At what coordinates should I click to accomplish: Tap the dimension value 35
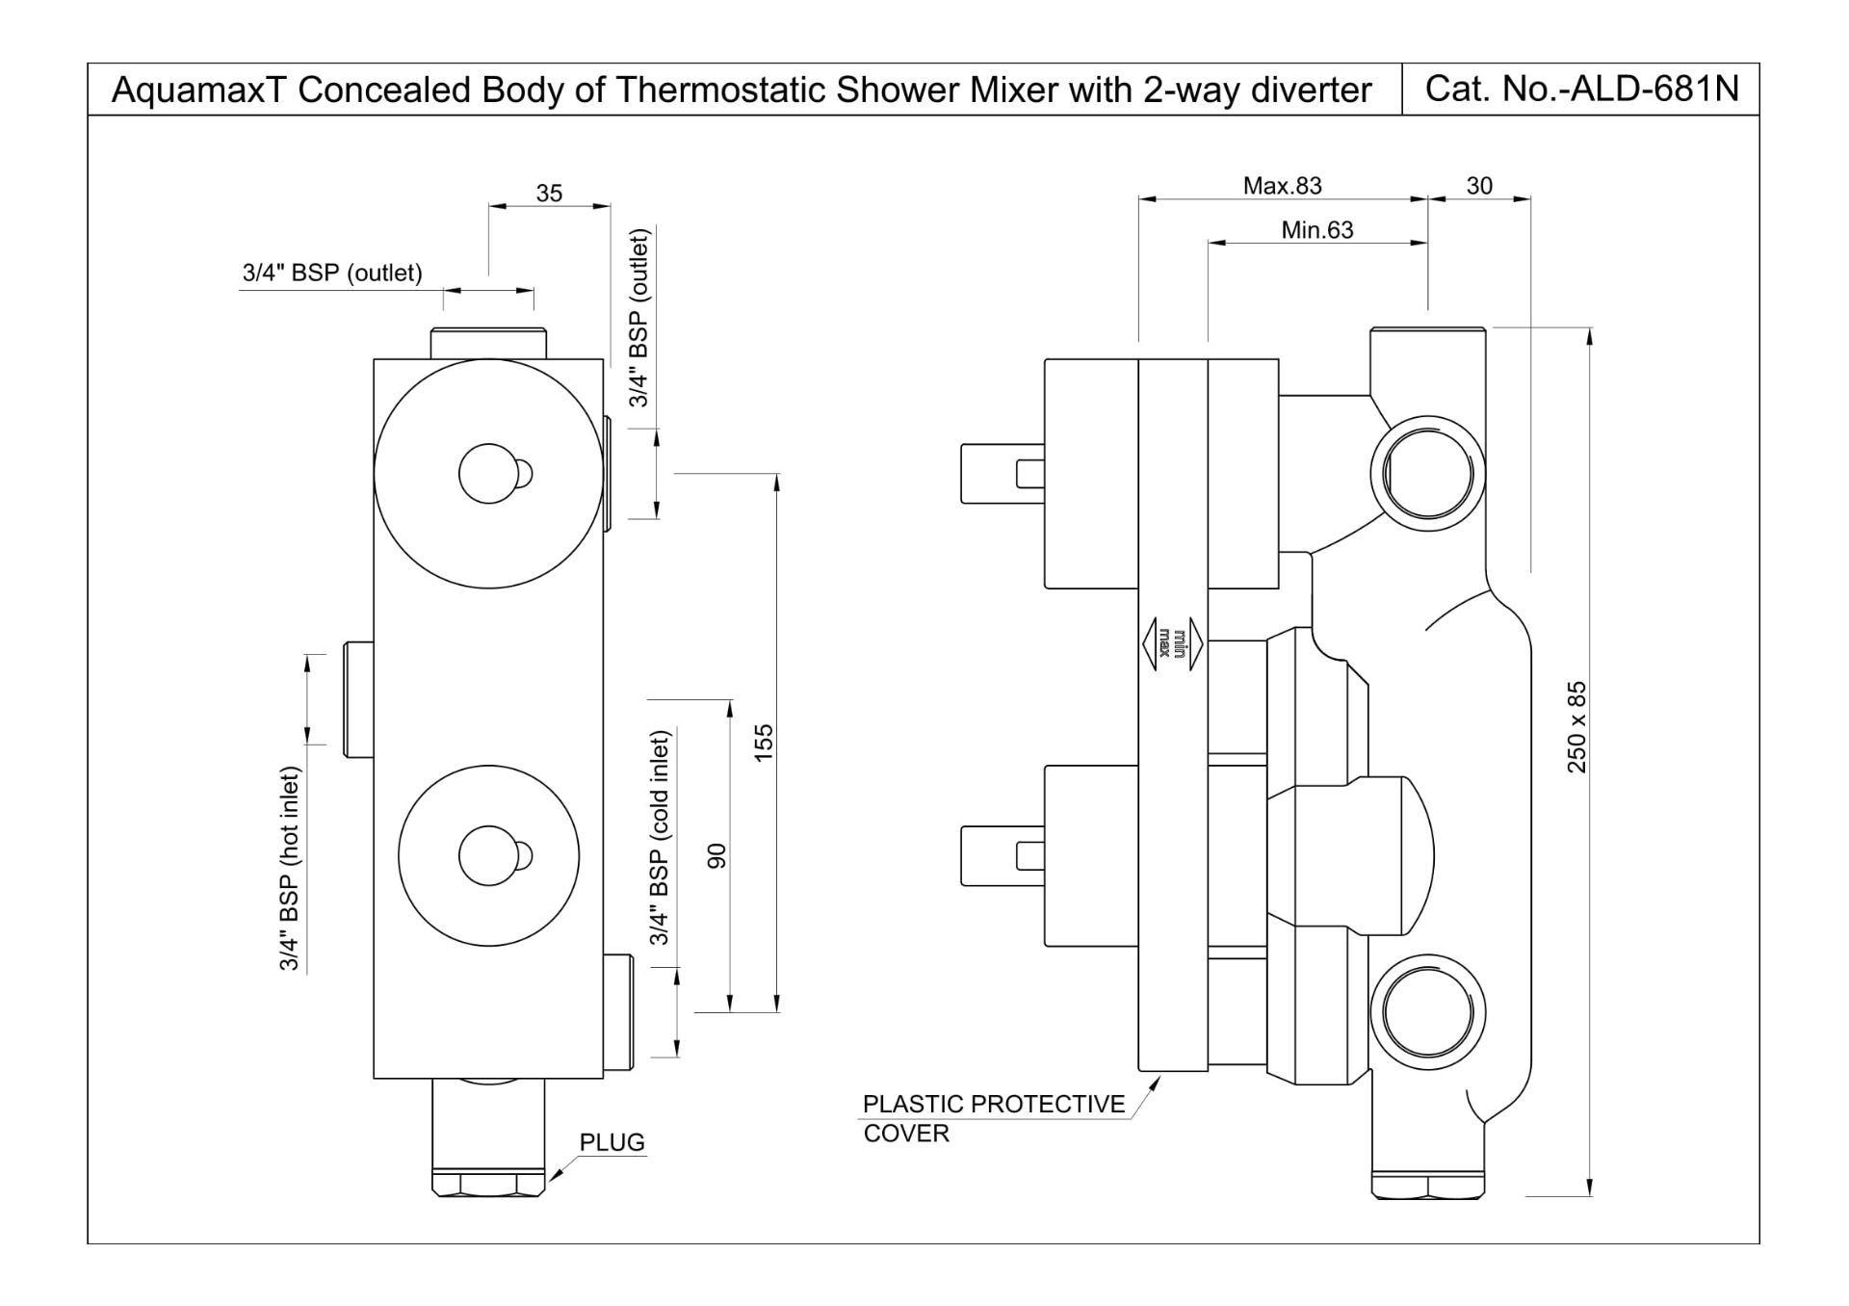tap(549, 194)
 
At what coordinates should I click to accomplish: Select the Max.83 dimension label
tap(1282, 186)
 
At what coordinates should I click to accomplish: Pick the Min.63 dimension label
tap(1316, 230)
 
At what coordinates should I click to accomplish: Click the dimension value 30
tap(1479, 186)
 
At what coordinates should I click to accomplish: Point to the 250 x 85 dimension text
tap(1576, 727)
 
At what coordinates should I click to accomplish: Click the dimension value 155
tap(764, 743)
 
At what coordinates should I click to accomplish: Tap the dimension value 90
tap(717, 855)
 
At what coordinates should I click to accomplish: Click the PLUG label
tap(612, 1142)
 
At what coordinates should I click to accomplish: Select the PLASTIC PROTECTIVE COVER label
tap(993, 1118)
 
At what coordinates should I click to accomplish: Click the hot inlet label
tap(290, 868)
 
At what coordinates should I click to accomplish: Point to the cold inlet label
tap(660, 838)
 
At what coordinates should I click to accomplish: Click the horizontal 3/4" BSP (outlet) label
tap(331, 274)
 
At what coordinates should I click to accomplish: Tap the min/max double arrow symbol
tap(1172, 643)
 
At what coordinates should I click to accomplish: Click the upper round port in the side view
tap(1427, 474)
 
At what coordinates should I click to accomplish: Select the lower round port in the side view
tap(1427, 1012)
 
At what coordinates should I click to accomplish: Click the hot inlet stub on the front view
tap(358, 699)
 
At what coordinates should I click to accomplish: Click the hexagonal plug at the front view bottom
tap(488, 1182)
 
